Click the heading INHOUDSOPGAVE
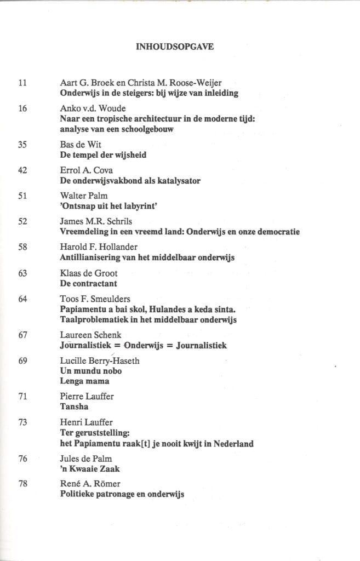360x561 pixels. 174,47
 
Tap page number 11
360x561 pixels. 22,83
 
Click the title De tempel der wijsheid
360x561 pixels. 103,155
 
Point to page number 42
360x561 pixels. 22,170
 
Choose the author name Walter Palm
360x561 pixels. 83,196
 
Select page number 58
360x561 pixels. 22,247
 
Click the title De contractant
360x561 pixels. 88,283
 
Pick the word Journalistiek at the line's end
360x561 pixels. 201,345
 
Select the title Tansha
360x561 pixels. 74,407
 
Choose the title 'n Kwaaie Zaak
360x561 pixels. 89,469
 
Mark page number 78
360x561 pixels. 22,484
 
